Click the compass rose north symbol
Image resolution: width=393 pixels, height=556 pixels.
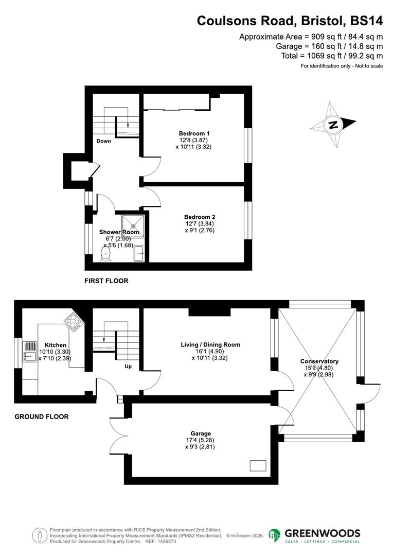pos(334,125)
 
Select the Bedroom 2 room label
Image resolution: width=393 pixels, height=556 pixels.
pos(199,217)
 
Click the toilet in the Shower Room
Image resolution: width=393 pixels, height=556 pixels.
pos(106,254)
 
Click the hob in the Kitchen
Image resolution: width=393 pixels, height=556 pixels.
pos(73,322)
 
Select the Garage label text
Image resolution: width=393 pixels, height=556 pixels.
pos(200,433)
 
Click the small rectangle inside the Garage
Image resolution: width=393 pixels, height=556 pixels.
pos(258,465)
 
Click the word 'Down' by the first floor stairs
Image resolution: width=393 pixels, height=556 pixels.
pos(103,141)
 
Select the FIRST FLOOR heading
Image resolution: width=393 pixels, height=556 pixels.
pos(106,281)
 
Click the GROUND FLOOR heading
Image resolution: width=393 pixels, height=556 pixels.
pos(41,416)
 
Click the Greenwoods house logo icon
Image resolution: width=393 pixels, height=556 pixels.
pos(275,535)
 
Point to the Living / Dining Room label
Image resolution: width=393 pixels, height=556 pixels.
pos(210,344)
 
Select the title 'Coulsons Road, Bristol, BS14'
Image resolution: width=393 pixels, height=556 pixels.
pos(290,21)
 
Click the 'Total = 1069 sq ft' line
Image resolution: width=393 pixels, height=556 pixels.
pos(332,56)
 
